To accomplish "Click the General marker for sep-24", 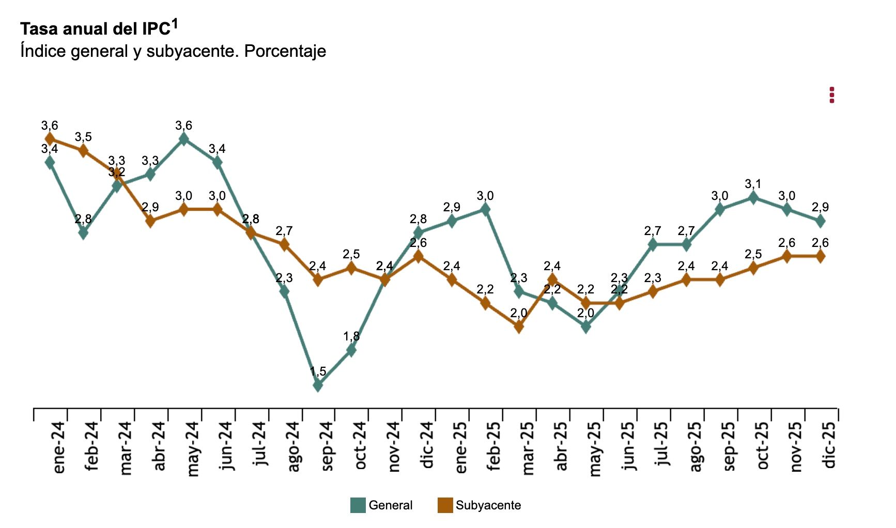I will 318,385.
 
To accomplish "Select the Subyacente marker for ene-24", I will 50,138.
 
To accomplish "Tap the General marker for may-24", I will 183,138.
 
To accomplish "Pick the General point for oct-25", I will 753,197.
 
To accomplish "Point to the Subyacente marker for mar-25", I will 519,327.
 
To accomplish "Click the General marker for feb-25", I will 485,209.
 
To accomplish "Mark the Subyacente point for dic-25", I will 820,256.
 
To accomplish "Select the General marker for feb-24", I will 83,232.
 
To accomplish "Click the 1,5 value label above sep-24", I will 318,371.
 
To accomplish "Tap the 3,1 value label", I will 753,184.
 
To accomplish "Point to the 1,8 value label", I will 351,336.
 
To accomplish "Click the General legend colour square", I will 358,505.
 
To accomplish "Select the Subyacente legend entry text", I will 488,505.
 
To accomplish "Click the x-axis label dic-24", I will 427,445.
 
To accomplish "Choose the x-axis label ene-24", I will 59,447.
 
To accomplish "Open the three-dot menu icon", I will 831,95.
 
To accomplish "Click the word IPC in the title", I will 156,29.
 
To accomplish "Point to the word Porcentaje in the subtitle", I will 285,51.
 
